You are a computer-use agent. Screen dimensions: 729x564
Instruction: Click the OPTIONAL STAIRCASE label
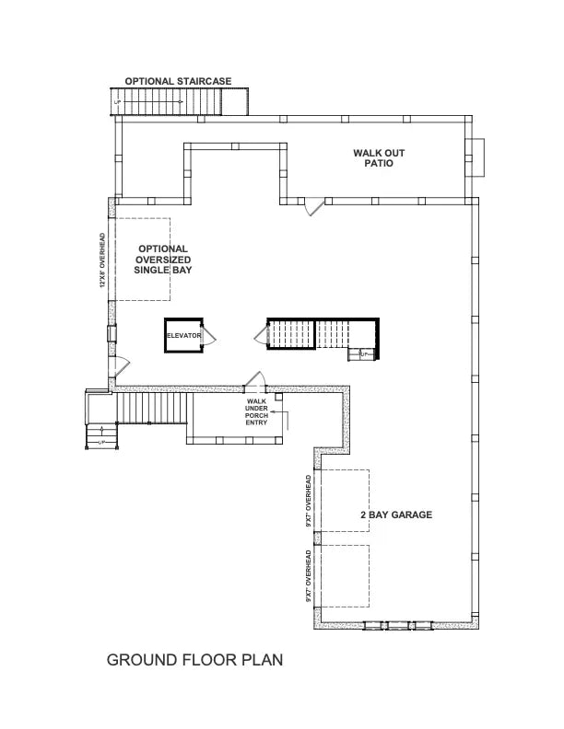[178, 81]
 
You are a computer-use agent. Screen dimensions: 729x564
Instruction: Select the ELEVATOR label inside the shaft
[183, 336]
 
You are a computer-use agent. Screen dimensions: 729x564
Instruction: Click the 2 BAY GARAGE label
[395, 515]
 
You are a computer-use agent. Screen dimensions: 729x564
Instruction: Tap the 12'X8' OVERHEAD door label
[103, 261]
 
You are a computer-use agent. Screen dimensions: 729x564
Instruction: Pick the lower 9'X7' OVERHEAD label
[308, 576]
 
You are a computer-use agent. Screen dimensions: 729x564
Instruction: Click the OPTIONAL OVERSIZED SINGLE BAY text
[162, 260]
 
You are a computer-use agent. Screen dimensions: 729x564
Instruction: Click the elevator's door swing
[210, 334]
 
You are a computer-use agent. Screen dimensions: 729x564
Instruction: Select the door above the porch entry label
[255, 379]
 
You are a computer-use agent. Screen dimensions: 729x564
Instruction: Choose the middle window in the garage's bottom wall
[397, 626]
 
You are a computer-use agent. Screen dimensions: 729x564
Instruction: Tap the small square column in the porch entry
[277, 397]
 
